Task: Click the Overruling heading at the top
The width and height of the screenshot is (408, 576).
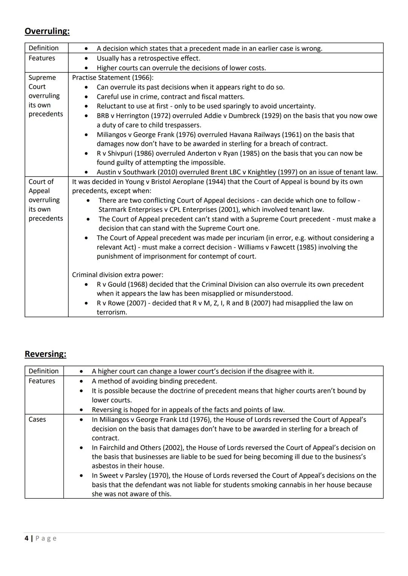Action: [x=47, y=31]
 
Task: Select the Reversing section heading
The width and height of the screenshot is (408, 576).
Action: [x=45, y=354]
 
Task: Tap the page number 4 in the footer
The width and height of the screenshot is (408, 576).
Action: [x=26, y=538]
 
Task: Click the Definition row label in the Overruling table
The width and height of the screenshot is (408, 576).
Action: [x=43, y=48]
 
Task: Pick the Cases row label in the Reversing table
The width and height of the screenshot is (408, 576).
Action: [x=37, y=419]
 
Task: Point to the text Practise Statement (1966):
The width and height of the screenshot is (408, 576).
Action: [x=113, y=77]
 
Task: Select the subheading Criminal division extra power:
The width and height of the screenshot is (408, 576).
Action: [x=117, y=275]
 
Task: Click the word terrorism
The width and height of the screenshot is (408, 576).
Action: [x=111, y=312]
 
